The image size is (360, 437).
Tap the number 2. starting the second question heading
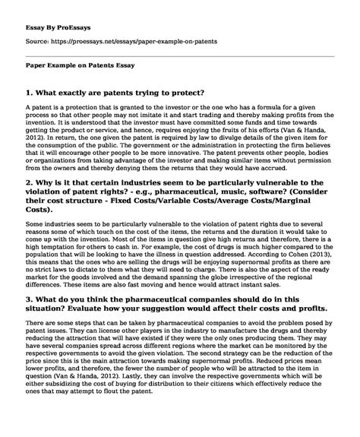tap(30, 184)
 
